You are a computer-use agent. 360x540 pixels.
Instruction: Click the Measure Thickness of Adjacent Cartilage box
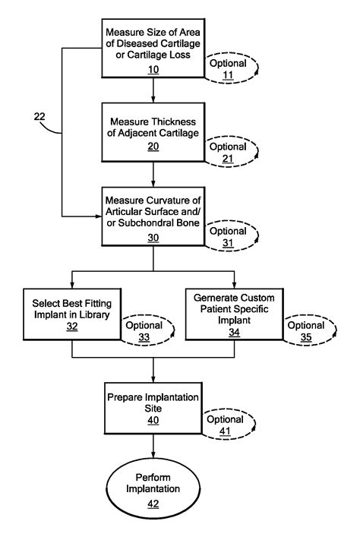pos(153,131)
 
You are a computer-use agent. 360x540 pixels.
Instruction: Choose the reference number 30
pos(153,238)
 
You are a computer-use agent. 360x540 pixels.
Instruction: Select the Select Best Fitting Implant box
pos(72,314)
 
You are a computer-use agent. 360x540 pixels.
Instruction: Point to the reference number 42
pos(153,504)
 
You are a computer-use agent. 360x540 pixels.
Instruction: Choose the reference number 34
pos(235,332)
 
